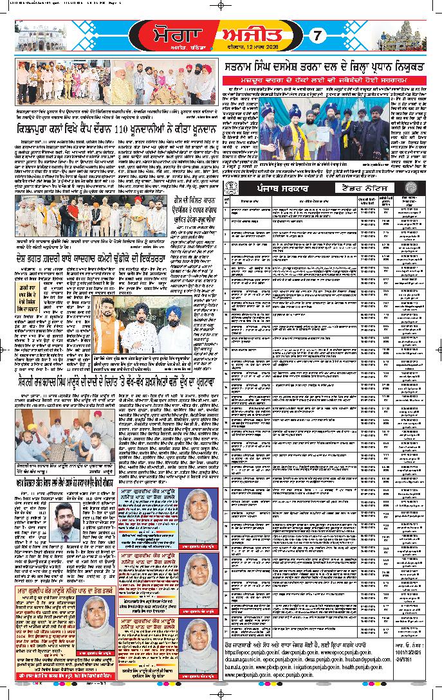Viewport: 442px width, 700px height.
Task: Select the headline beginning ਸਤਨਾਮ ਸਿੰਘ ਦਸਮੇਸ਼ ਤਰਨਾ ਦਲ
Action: (329, 66)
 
